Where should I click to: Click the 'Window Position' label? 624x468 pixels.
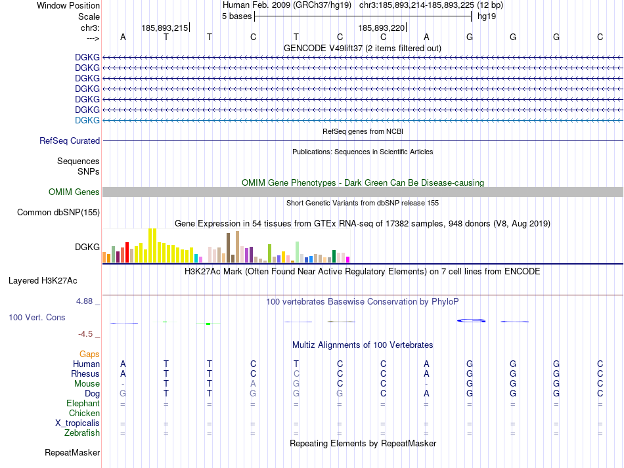68,5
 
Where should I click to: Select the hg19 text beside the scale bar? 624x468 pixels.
487,16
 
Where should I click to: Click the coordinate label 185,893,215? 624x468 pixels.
164,28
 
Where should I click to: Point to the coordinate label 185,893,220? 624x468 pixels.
381,28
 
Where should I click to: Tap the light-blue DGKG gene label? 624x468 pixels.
87,120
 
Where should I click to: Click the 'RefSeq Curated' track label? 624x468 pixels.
70,140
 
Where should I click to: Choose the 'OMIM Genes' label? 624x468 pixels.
74,192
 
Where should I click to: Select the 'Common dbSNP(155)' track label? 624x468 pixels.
58,212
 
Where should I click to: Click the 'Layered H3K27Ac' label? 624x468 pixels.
43,280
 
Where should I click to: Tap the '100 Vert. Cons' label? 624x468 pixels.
36,317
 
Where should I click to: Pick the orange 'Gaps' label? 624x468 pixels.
89,354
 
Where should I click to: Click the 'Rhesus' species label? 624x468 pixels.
85,373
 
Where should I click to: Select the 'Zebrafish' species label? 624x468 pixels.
82,433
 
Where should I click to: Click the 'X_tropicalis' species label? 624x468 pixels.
78,423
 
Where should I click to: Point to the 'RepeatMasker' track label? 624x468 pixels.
72,452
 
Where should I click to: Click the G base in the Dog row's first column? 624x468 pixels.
123,393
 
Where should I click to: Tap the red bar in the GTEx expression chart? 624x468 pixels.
127,251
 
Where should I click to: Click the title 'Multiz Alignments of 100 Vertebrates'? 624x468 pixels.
362,345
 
